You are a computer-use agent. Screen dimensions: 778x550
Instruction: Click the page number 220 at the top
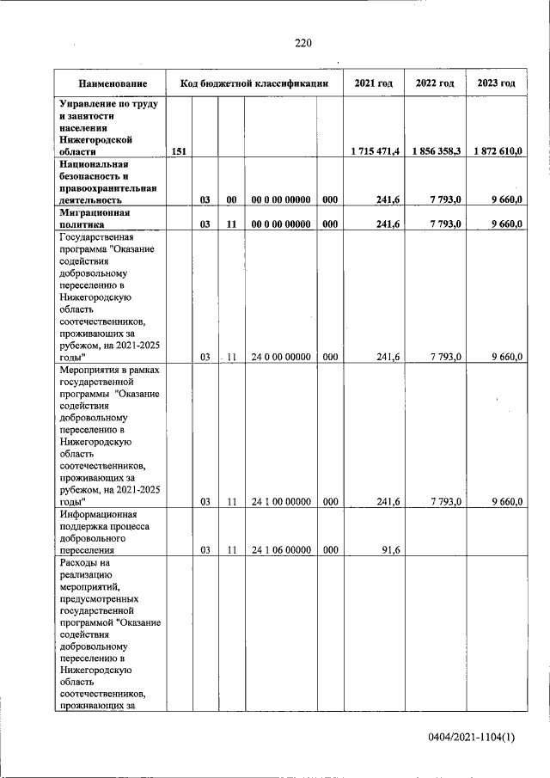tap(302, 44)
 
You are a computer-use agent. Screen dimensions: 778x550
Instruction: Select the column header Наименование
tap(111, 83)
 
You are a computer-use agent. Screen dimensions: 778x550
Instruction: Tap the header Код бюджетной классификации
tap(254, 83)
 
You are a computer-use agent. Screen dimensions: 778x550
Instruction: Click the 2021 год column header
tap(374, 83)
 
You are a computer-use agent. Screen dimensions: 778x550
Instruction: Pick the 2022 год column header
tap(435, 83)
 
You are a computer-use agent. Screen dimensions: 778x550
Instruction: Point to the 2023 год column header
tap(496, 83)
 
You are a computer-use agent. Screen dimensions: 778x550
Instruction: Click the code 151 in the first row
tap(179, 151)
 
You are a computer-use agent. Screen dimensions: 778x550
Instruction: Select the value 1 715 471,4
tap(375, 151)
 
